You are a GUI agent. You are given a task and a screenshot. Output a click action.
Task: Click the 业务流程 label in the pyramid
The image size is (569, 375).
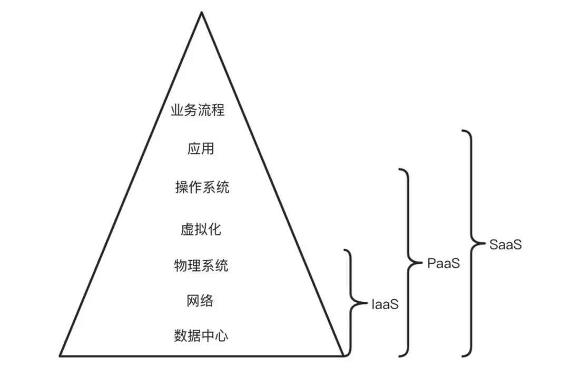point(198,111)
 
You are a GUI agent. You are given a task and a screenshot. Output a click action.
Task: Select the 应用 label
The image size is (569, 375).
point(201,149)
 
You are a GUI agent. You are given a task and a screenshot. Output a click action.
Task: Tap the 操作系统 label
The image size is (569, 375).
point(202,187)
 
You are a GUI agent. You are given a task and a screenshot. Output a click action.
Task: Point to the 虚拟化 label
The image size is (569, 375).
point(201,229)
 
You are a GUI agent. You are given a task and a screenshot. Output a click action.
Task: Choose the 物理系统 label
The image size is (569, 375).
point(201,265)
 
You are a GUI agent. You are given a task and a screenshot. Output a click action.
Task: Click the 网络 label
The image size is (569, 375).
point(200,301)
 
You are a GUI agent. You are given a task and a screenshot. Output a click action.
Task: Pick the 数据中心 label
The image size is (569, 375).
point(201,336)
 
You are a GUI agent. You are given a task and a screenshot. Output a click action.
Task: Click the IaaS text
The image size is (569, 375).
point(385,304)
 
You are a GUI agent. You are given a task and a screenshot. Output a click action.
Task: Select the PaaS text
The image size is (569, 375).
point(443,263)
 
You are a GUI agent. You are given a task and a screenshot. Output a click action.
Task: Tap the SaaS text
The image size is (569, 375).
point(505,244)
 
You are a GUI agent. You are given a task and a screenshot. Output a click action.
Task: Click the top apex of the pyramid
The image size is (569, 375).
point(201,12)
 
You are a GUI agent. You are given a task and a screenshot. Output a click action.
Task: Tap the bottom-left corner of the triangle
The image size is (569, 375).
point(60,356)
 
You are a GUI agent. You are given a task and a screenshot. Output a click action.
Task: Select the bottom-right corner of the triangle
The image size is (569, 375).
point(344,356)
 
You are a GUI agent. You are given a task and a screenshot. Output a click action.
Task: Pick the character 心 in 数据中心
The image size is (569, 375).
point(222,336)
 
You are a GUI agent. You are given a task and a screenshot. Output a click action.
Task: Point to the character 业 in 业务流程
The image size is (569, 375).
point(177,111)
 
